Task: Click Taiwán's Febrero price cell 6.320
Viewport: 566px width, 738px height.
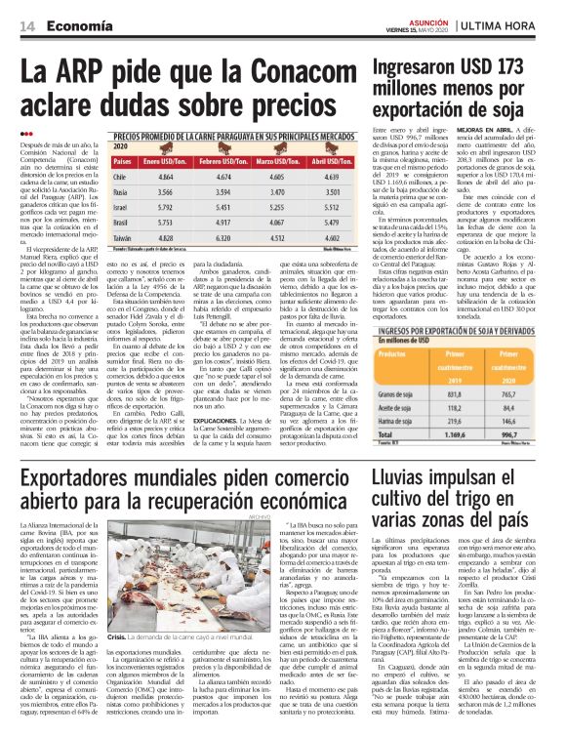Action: click(221, 237)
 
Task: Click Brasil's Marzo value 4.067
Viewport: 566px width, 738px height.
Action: click(276, 223)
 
